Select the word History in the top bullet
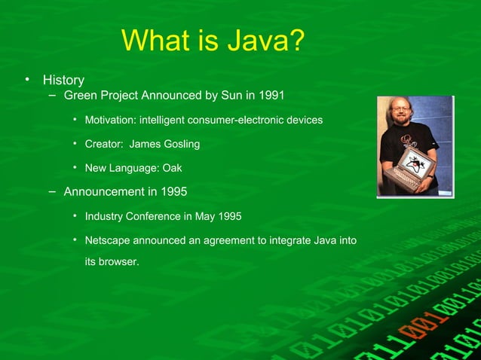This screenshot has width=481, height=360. (x=63, y=79)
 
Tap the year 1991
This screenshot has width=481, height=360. (x=270, y=96)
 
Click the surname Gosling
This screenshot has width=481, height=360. (x=179, y=144)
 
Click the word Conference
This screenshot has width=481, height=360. (x=154, y=217)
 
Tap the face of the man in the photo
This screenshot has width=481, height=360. (x=402, y=114)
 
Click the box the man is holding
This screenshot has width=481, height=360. (x=416, y=168)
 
